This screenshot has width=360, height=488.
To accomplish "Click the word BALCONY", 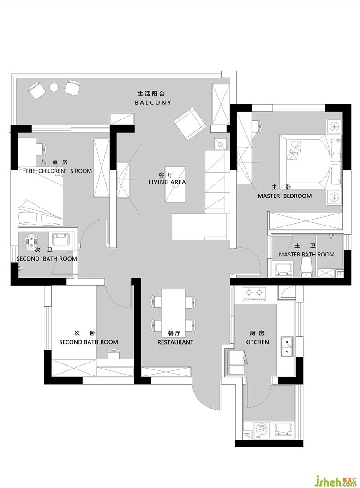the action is (153, 102).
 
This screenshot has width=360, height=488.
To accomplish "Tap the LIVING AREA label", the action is (167, 182).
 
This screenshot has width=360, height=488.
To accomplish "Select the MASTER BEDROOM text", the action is (285, 196).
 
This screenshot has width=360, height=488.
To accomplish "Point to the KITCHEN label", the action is (257, 342).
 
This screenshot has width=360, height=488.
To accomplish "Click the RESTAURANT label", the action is (175, 342).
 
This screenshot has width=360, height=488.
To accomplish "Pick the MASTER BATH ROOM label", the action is (307, 255).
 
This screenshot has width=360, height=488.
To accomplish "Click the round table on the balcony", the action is (54, 88).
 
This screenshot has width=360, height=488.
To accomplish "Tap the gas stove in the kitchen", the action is (254, 294).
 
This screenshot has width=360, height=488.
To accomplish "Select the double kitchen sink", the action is (287, 346).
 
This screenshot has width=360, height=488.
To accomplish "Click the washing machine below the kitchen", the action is (262, 430).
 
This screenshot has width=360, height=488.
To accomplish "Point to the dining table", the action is (173, 312).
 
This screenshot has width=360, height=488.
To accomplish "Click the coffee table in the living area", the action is (175, 184).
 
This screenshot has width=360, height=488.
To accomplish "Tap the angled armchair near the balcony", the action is (190, 124).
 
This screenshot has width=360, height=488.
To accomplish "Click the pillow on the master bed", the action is (336, 150).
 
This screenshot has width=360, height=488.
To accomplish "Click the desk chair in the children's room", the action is (41, 149).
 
